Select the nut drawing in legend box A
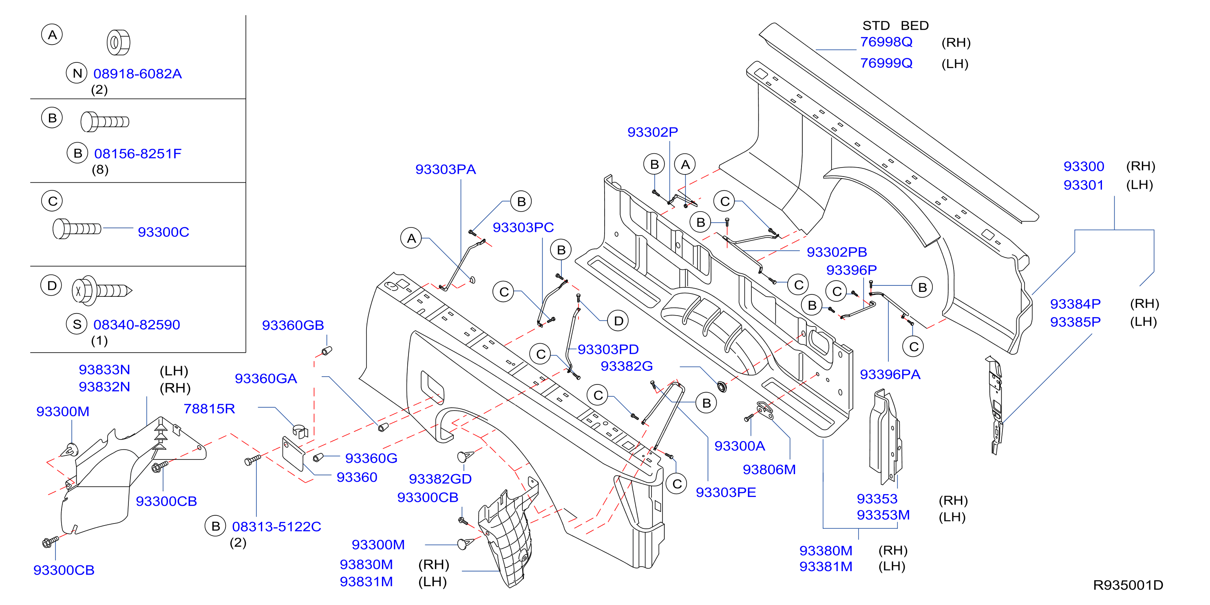[118, 43]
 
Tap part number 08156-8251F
[138, 154]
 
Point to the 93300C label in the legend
[163, 232]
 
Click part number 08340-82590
[137, 325]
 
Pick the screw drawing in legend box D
[102, 290]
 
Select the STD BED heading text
[895, 25]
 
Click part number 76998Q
[886, 42]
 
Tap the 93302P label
[652, 132]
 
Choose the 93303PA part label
[445, 169]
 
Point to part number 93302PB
[837, 252]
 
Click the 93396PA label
[890, 374]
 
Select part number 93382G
[627, 366]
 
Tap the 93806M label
[769, 469]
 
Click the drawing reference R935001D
[1128, 585]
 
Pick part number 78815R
[209, 408]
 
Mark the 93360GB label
[293, 325]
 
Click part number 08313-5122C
[276, 527]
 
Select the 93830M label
[366, 564]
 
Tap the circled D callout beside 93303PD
[618, 321]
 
